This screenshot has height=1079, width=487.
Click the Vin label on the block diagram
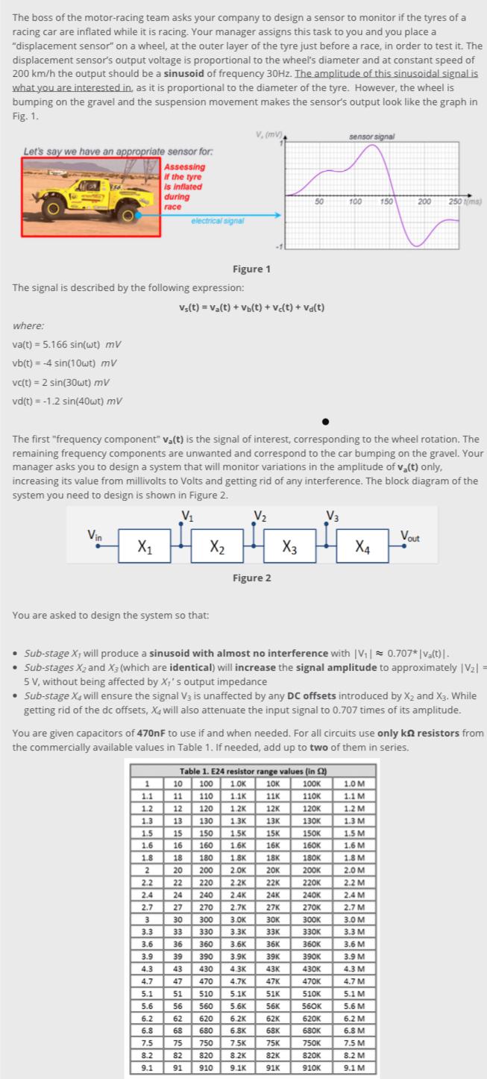click(95, 535)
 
